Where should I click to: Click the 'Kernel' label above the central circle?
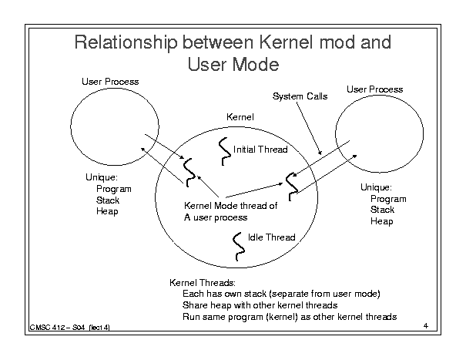click(240, 117)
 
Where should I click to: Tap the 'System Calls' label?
click(300, 96)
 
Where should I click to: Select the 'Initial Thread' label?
click(260, 149)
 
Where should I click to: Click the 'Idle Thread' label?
click(272, 237)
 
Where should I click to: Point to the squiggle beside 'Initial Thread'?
click(225, 151)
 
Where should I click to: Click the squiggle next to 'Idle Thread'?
click(238, 247)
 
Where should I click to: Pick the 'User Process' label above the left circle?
click(110, 82)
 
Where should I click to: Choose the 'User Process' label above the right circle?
click(375, 89)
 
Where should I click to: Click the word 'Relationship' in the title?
click(126, 42)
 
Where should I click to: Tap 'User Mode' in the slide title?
click(233, 64)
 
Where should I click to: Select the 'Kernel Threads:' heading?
click(203, 282)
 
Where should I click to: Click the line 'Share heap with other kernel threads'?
click(260, 305)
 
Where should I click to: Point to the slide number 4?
click(426, 326)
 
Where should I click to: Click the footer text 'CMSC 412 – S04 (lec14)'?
click(69, 328)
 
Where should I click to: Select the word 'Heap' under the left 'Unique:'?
click(107, 211)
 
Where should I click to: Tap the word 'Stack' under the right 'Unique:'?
click(382, 210)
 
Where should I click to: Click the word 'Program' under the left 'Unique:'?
click(114, 189)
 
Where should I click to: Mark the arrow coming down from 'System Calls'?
click(309, 129)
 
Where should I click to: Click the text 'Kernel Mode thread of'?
click(230, 206)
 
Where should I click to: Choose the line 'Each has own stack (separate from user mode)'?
click(281, 294)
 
